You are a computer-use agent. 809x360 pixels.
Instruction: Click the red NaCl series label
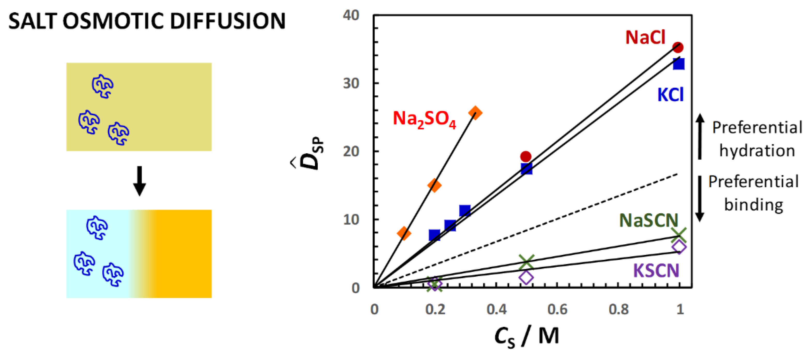645,38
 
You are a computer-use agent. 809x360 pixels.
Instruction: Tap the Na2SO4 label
424,119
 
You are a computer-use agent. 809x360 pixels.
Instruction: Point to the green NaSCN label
649,221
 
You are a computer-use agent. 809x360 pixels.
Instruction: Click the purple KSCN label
656,270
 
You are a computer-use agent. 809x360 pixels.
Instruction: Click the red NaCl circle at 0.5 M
526,156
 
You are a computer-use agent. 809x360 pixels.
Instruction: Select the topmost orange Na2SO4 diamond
475,113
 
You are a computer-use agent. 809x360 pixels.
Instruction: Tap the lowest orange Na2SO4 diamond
404,233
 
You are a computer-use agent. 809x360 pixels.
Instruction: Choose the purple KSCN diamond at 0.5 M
526,277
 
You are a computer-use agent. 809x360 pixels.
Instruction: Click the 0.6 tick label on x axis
557,310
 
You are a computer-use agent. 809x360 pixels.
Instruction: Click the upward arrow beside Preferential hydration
699,136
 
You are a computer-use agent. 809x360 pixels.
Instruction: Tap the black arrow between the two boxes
139,181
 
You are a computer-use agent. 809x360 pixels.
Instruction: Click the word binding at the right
753,205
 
